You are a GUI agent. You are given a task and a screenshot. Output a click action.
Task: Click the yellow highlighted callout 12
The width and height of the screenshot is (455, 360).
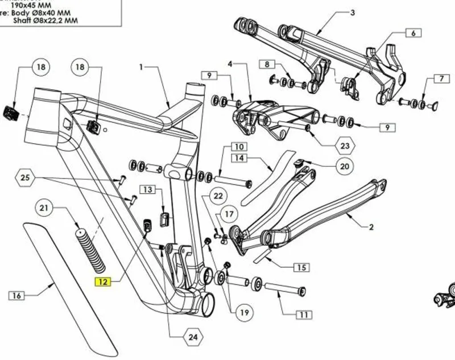click(x=103, y=281)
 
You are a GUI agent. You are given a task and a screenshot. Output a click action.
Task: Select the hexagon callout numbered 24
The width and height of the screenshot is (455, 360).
click(x=193, y=337)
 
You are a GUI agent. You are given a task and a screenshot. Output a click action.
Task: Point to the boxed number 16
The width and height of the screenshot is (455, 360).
click(x=16, y=295)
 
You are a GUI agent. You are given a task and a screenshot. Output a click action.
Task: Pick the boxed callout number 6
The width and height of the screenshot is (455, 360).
click(x=413, y=34)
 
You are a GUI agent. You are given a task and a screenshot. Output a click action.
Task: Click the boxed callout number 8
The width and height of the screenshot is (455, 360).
click(x=267, y=64)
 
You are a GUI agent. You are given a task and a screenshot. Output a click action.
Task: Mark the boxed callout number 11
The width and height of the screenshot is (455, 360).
click(x=304, y=314)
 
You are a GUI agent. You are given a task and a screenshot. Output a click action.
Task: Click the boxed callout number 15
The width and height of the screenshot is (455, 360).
click(x=301, y=267)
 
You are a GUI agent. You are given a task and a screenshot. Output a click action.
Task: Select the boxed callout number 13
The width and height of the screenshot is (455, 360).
click(x=147, y=189)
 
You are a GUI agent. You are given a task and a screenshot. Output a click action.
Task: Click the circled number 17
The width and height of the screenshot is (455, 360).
click(x=229, y=214)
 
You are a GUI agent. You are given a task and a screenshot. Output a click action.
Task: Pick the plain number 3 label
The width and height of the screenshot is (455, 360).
click(x=351, y=13)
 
